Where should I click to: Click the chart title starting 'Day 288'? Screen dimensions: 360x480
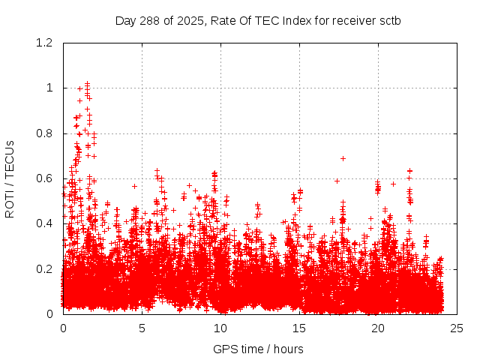pos(258,20)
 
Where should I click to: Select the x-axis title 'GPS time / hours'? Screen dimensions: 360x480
pos(258,349)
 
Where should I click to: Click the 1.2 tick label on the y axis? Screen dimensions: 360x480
pos(44,43)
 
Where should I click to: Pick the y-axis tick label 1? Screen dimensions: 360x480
pos(49,88)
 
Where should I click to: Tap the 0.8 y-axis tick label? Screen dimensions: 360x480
pos(44,133)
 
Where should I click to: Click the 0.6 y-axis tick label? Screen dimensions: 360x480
pos(44,178)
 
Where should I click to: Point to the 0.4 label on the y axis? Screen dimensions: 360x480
pos(44,223)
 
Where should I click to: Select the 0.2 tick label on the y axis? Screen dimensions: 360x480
pos(44,268)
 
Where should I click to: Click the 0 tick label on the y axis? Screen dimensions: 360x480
pos(49,314)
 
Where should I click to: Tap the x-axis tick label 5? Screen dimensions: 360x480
pos(142,328)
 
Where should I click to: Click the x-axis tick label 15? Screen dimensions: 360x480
pos(299,328)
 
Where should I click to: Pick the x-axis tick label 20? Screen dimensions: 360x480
pos(378,328)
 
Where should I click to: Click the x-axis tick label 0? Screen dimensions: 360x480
pos(63,328)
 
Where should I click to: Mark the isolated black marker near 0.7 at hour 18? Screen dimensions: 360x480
pos(343,158)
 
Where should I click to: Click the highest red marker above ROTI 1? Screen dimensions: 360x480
pos(87,83)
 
